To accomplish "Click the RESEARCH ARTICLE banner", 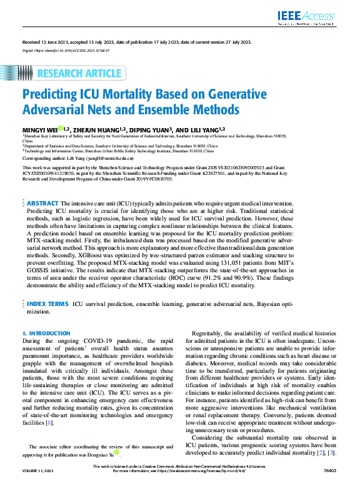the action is coord(81,74).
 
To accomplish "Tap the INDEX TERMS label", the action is coord(47,304).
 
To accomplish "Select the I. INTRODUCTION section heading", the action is coord(46,334).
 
